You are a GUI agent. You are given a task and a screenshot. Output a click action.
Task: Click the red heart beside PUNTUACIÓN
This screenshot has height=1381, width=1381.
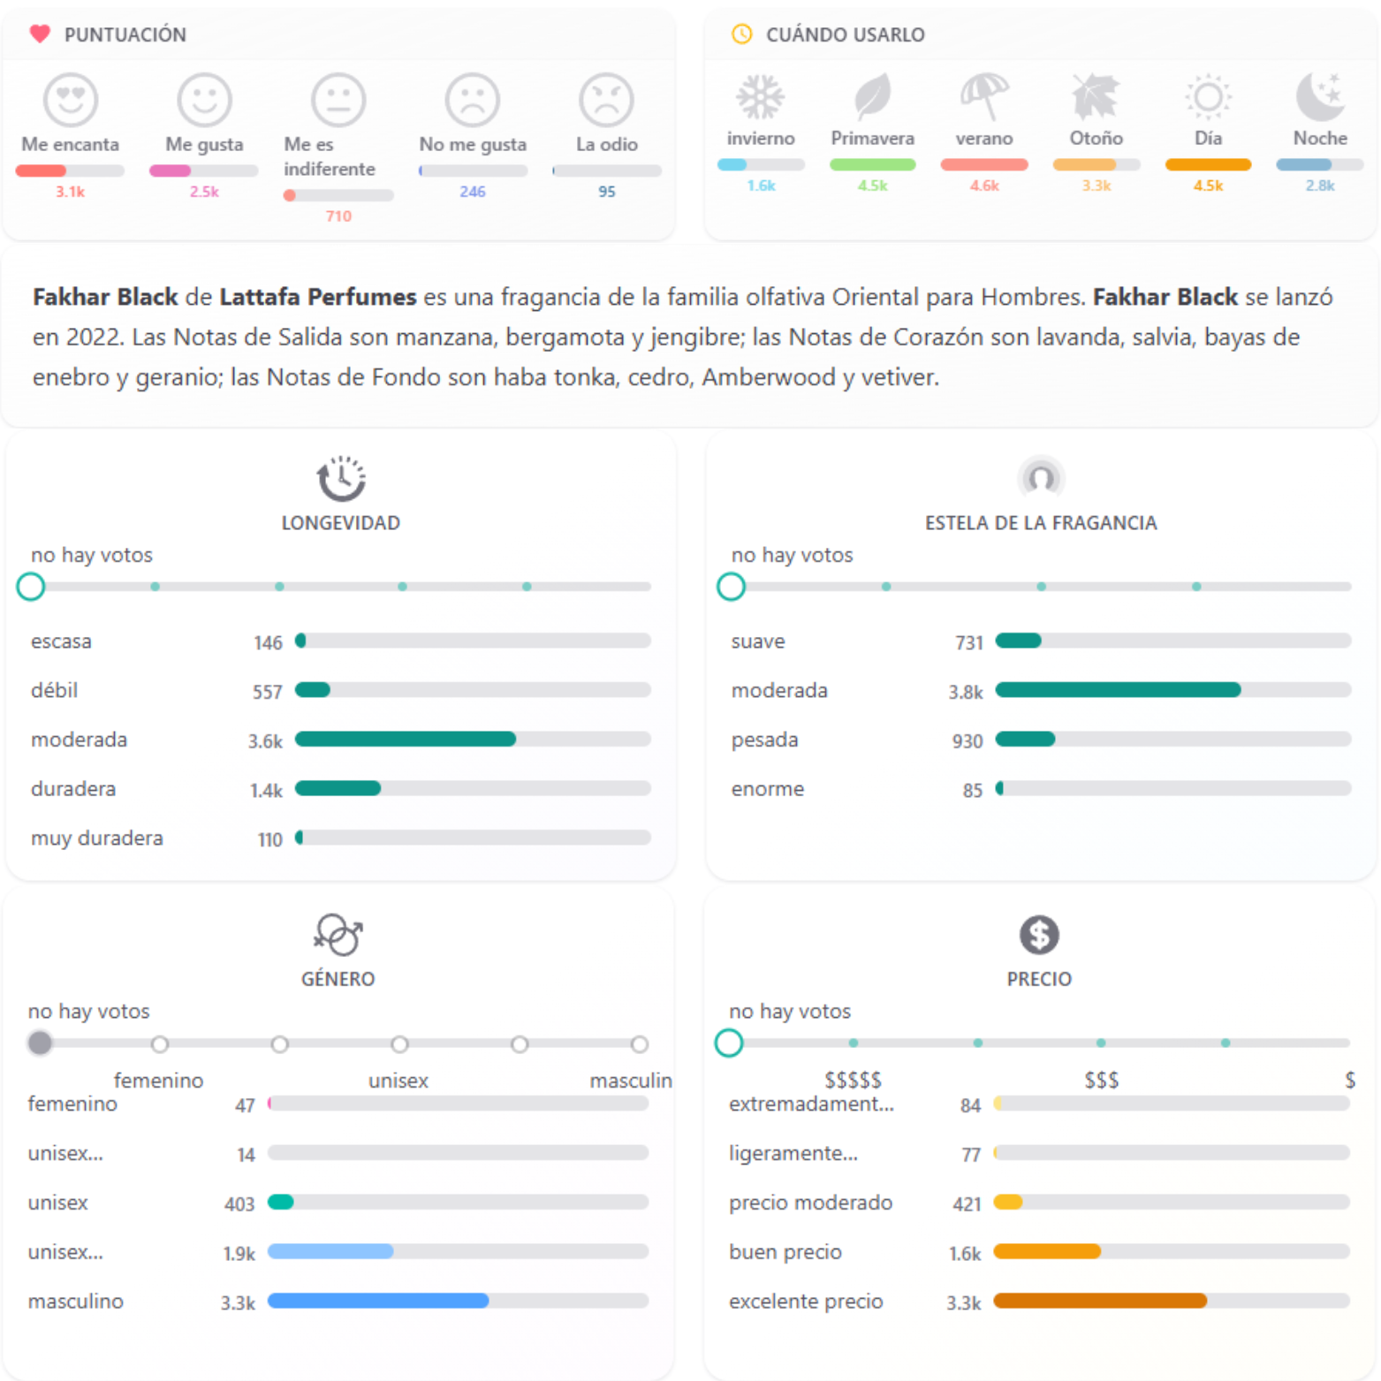40,34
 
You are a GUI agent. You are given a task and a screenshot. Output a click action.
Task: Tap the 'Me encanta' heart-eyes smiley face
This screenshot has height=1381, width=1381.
71,99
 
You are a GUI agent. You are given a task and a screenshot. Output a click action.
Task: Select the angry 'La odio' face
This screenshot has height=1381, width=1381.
606,99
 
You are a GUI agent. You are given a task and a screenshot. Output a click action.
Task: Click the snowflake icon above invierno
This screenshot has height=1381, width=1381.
760,96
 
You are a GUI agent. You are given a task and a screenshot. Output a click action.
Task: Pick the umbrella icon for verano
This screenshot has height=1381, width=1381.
983,95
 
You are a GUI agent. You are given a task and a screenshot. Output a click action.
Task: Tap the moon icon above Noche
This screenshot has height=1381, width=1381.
1320,95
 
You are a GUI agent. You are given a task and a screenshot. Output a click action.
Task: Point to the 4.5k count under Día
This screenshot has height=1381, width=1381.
1208,186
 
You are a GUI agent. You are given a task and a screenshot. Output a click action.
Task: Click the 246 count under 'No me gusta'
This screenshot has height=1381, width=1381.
473,192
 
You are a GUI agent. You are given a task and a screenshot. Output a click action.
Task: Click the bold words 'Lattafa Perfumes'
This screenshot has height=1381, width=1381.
317,297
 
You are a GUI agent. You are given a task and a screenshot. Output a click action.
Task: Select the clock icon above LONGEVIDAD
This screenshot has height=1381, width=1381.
341,478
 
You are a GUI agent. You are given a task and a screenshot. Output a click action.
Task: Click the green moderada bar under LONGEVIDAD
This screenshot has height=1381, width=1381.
406,740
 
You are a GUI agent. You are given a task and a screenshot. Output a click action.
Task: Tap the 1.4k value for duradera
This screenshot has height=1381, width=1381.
266,790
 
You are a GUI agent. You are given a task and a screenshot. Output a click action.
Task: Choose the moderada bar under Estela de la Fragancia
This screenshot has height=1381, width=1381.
1118,690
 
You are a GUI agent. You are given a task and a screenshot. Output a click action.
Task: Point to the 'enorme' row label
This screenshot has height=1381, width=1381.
767,789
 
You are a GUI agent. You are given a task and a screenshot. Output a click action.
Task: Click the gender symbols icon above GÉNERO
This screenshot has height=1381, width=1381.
338,935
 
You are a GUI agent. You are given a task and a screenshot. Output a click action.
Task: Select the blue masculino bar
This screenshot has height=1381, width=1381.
378,1301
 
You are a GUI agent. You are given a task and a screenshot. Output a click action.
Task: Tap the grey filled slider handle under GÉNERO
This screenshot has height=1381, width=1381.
40,1043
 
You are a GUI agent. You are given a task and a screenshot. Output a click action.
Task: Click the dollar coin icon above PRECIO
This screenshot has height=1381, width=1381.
1039,935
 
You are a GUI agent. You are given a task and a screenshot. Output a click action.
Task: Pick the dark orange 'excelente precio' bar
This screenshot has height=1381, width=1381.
1100,1301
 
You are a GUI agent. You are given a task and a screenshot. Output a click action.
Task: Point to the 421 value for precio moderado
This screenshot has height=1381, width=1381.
967,1203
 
